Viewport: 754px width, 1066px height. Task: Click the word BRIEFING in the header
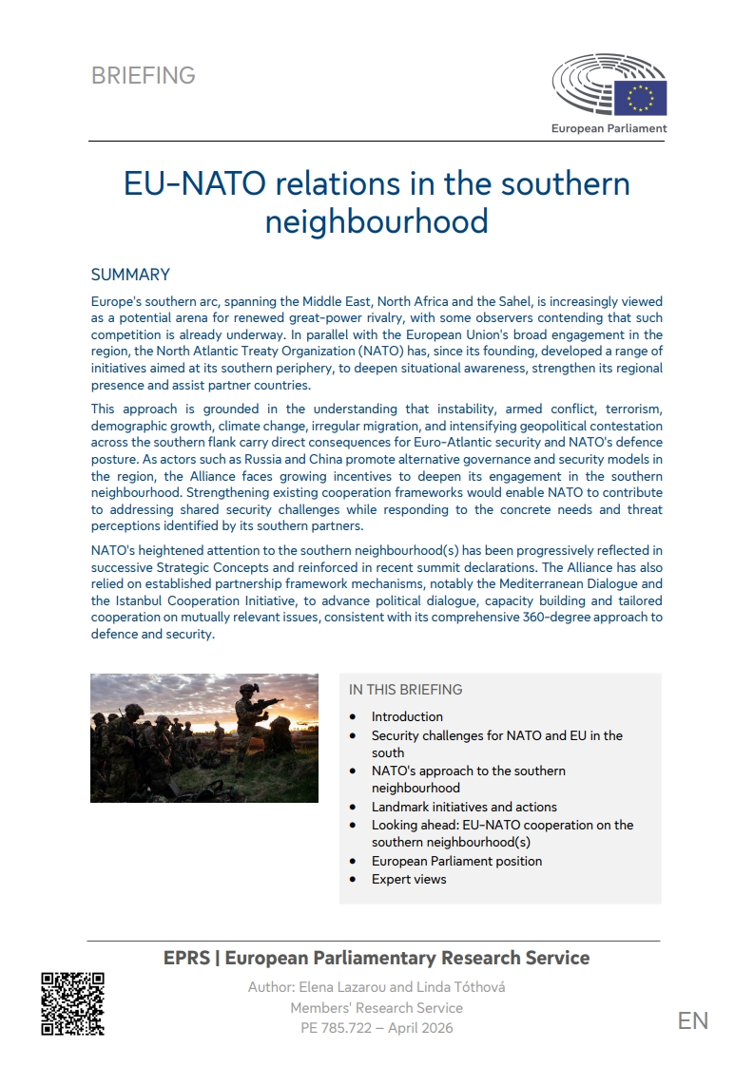pyautogui.click(x=144, y=76)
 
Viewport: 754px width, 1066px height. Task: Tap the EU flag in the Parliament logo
pyautogui.click(x=640, y=98)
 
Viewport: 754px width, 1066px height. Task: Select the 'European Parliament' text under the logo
pyautogui.click(x=609, y=128)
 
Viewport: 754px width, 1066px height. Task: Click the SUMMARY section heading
pyautogui.click(x=130, y=275)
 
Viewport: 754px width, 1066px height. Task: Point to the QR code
pyautogui.click(x=72, y=1002)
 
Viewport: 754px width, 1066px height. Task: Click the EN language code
pyautogui.click(x=692, y=1020)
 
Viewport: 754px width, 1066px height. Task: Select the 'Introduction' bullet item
pyautogui.click(x=407, y=716)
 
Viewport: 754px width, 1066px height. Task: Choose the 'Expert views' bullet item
pyautogui.click(x=409, y=879)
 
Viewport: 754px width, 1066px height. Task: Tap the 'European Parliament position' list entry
pyautogui.click(x=456, y=861)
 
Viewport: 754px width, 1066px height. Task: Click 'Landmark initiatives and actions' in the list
pyautogui.click(x=464, y=807)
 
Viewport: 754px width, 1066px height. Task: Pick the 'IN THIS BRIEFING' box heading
pyautogui.click(x=405, y=690)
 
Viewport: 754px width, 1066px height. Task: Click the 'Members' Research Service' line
pyautogui.click(x=377, y=1007)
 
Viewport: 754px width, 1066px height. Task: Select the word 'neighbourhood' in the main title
pyautogui.click(x=377, y=221)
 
